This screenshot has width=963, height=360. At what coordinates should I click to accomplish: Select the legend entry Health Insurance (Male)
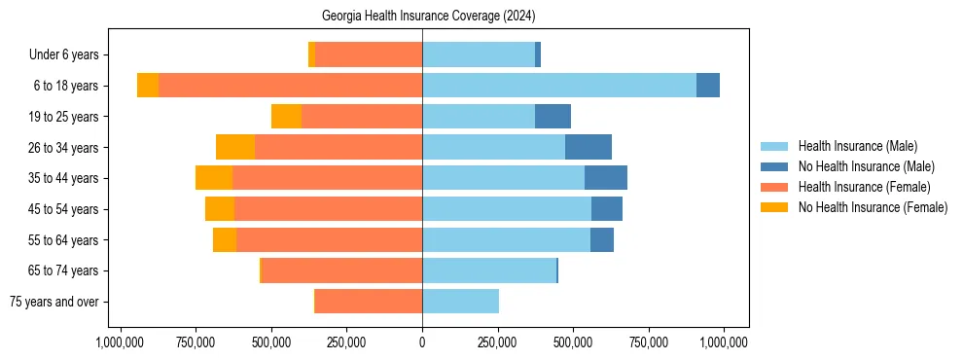click(x=857, y=146)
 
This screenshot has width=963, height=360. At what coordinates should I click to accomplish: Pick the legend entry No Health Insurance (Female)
click(x=873, y=207)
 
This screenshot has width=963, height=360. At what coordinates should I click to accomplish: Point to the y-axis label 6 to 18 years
click(x=65, y=86)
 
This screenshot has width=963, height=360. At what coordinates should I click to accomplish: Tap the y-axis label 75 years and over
click(x=53, y=302)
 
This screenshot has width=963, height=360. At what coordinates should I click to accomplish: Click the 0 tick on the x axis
click(x=422, y=342)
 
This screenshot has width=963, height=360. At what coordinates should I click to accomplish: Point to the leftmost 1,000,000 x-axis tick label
click(x=121, y=342)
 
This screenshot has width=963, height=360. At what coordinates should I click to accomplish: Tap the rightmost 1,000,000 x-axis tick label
click(x=724, y=342)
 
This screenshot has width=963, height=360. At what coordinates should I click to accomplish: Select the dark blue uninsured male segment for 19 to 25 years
click(x=553, y=117)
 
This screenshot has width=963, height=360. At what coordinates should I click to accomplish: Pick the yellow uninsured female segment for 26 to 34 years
click(x=235, y=147)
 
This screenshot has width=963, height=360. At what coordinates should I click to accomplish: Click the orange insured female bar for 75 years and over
click(x=369, y=302)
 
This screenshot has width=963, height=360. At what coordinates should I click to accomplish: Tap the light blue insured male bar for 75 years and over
click(x=460, y=302)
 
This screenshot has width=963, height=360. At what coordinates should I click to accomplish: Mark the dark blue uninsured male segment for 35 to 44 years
click(x=606, y=178)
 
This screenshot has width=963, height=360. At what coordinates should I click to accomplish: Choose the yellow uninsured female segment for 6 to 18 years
click(x=148, y=86)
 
